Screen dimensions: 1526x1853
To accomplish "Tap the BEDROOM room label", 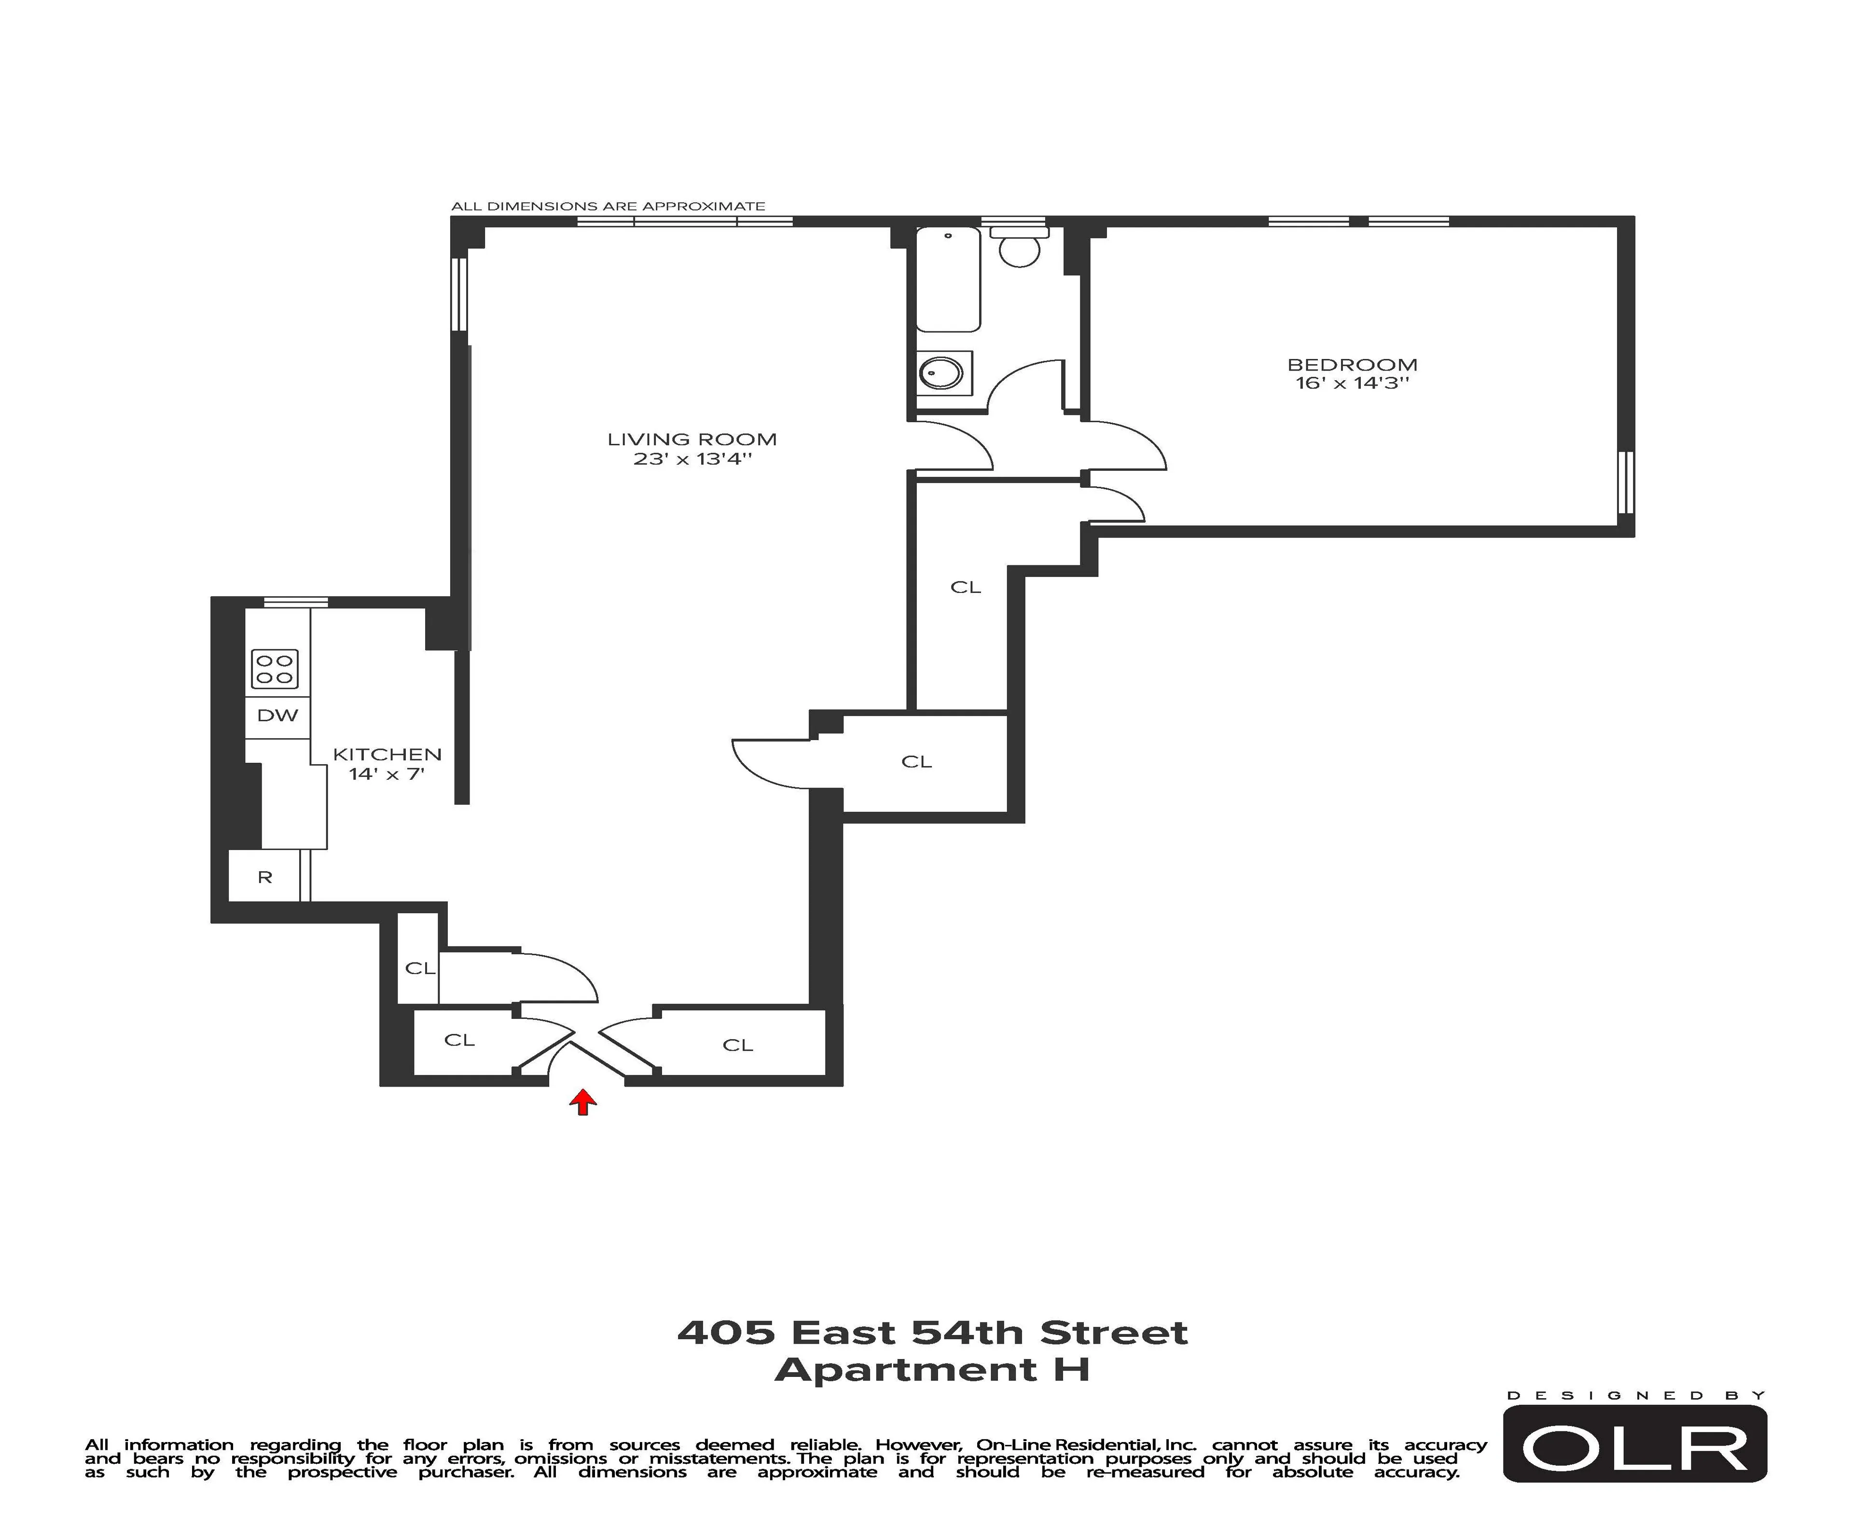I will pyautogui.click(x=1352, y=364).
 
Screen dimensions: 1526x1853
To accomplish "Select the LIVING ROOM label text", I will pyautogui.click(x=692, y=439).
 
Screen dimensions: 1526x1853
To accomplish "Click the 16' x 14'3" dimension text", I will pyautogui.click(x=1352, y=383).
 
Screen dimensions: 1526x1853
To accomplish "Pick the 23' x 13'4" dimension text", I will pyautogui.click(x=692, y=459).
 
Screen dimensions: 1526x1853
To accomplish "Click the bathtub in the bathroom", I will pyautogui.click(x=948, y=279).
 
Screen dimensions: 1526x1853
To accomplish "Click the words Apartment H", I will pyautogui.click(x=932, y=1370).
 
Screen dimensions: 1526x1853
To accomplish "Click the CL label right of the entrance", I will pyautogui.click(x=737, y=1045).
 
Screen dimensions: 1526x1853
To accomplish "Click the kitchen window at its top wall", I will pyautogui.click(x=295, y=602).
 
